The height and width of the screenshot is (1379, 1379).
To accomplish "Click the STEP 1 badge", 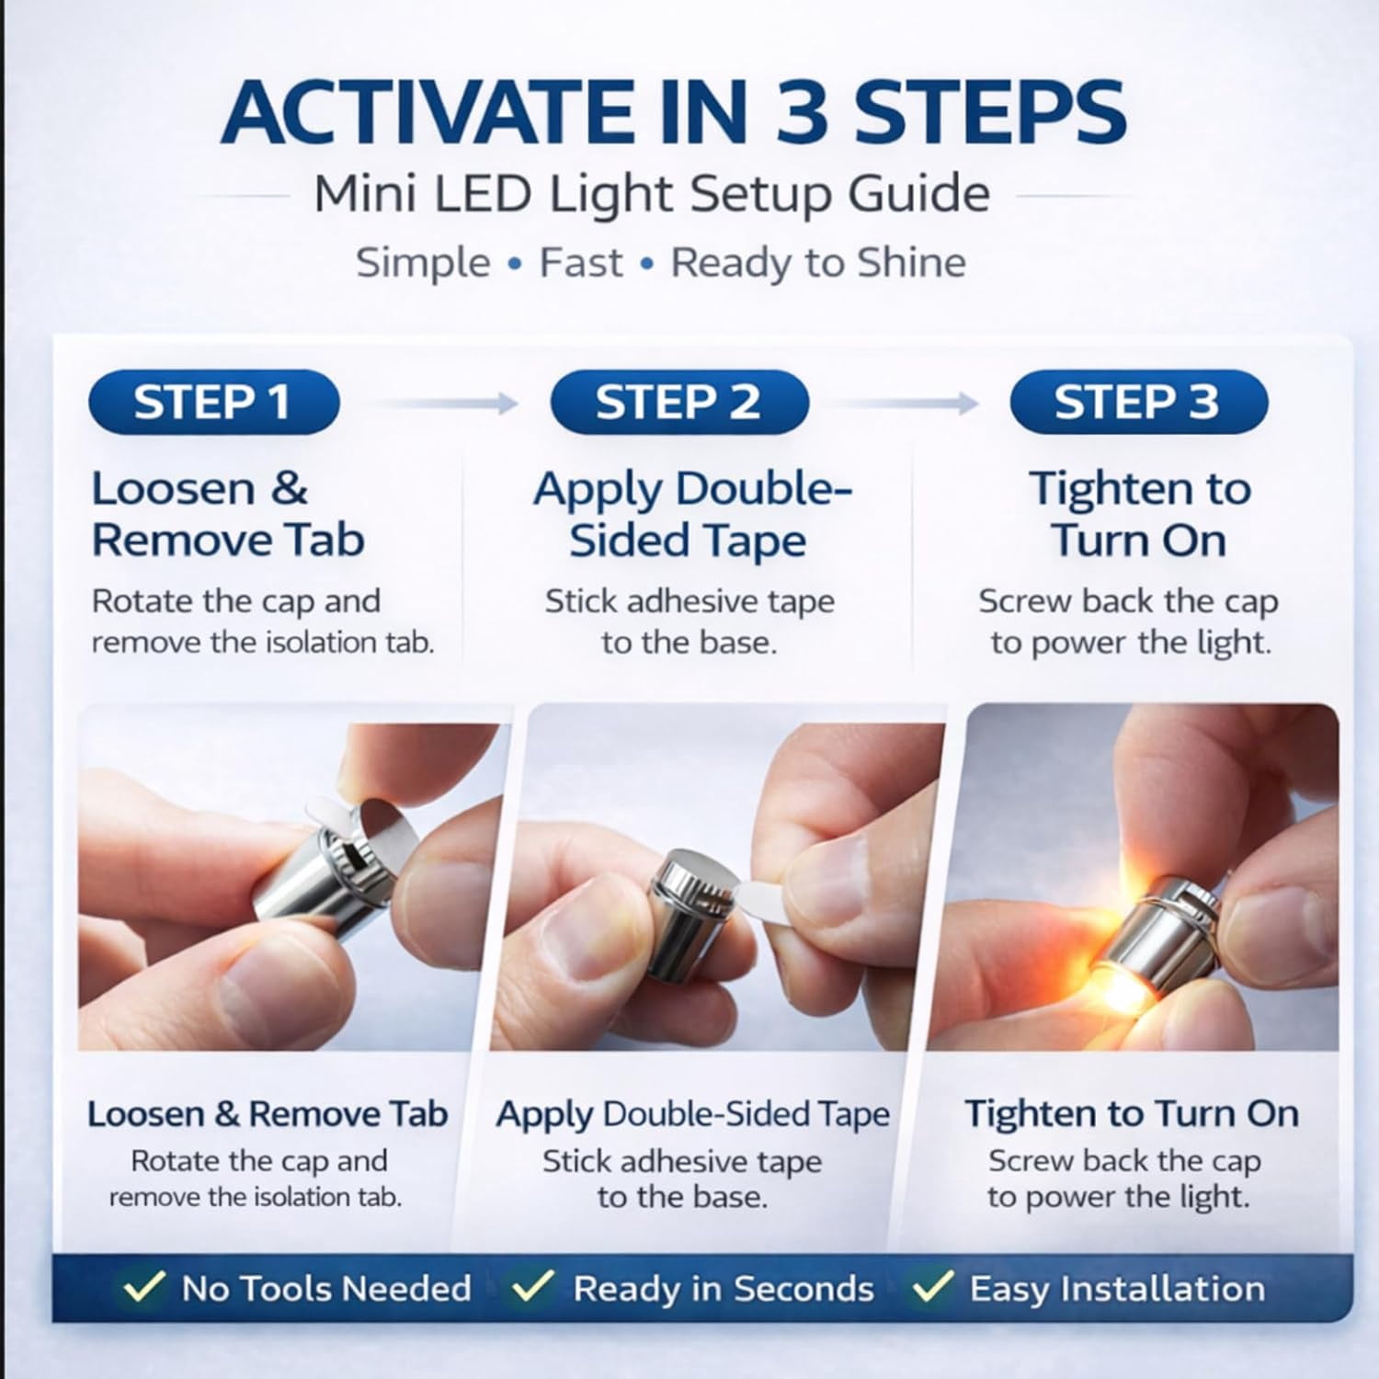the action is (x=214, y=403).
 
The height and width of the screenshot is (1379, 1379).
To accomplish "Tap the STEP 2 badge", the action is (x=679, y=403).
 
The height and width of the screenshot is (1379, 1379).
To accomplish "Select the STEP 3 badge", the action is (x=1138, y=403).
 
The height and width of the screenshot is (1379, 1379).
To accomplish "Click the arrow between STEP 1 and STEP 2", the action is (x=449, y=403).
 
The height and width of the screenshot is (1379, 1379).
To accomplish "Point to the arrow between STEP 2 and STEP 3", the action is (x=910, y=403).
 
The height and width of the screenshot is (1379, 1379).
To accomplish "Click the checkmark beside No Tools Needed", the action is (x=144, y=1286).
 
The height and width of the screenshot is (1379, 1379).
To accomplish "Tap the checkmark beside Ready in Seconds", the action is (x=532, y=1286).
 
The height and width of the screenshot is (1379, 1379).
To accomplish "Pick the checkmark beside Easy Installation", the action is (x=931, y=1286).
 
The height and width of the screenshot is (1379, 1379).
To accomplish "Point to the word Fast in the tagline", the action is (x=580, y=263).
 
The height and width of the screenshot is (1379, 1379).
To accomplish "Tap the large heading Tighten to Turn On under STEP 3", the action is (x=1139, y=514).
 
